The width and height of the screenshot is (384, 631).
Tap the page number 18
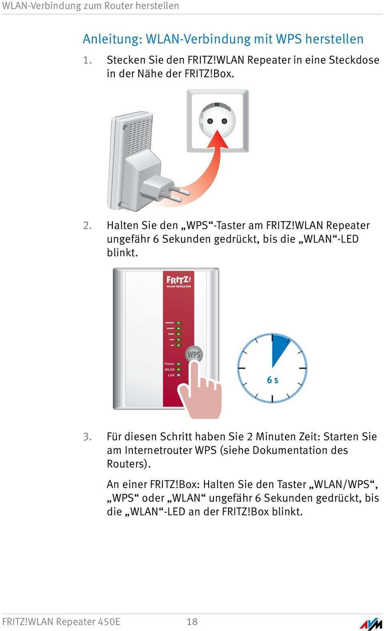coord(192,621)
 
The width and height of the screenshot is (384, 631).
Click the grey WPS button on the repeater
coord(194,354)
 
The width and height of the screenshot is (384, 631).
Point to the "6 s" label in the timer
coord(272,380)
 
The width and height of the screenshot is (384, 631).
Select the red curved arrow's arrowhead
coord(218,139)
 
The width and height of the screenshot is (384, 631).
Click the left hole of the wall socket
coord(210,121)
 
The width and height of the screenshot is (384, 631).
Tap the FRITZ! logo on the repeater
coord(178,280)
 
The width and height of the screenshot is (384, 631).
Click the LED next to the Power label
coord(178,364)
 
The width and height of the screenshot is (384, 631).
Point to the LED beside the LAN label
coord(178,375)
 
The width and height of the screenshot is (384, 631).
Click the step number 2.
coord(87,226)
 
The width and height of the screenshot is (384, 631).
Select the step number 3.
coord(87,437)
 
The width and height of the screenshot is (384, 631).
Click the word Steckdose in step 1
coord(354,60)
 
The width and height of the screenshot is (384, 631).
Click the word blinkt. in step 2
coord(122,252)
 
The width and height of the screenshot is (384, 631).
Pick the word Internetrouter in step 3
coord(159,450)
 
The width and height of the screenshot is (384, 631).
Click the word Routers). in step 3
coord(129,464)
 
